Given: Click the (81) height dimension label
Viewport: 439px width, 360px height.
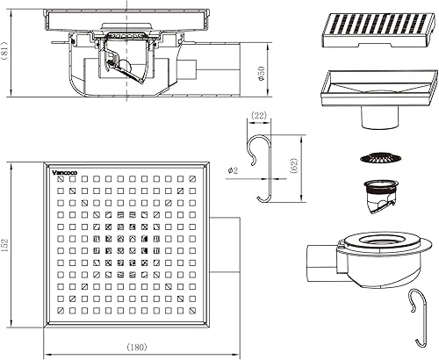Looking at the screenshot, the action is pos(5,51).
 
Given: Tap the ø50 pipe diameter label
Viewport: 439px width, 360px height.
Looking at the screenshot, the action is pos(261,74).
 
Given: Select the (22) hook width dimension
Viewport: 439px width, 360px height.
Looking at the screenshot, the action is pos(259,116).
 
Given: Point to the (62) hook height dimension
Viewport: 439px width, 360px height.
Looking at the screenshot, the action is pos(294,166).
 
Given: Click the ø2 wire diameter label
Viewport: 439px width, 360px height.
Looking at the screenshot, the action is pos(234,169).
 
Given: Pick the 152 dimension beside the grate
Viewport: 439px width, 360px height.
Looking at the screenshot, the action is pos(5,245).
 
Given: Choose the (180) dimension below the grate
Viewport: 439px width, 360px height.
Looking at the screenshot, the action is pos(137,347).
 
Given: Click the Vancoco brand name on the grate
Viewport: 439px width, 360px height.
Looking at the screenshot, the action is pos(64,173).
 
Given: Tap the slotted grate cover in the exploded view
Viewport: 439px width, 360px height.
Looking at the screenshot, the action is pos(378,30).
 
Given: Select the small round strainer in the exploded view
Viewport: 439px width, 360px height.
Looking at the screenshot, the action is pos(380,158).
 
